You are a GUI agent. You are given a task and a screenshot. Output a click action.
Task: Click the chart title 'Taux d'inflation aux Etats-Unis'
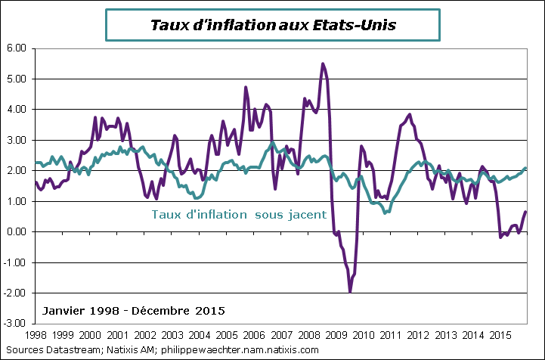click(x=273, y=25)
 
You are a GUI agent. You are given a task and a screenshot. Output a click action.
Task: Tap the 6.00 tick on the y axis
click(x=17, y=48)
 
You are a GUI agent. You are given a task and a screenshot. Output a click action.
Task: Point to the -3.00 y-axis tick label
click(x=16, y=324)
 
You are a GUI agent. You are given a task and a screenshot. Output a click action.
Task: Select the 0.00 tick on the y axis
click(x=17, y=231)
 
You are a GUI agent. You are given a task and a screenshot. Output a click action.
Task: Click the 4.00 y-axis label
click(x=17, y=109)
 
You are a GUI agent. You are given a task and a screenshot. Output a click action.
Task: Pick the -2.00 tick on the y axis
click(x=16, y=293)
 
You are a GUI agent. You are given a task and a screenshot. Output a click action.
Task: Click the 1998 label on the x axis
click(x=36, y=334)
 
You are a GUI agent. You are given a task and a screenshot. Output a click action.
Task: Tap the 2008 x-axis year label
click(x=308, y=334)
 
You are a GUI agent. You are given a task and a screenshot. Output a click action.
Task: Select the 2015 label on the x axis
click(x=498, y=334)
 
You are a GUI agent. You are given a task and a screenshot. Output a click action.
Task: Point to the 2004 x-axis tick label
click(x=199, y=334)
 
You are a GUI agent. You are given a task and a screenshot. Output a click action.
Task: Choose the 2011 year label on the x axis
click(x=389, y=334)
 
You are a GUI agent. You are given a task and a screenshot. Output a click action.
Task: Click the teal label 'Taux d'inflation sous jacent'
click(x=239, y=214)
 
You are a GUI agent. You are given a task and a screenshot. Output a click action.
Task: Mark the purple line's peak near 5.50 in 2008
click(x=324, y=64)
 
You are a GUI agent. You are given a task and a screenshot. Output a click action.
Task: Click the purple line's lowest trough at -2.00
click(x=350, y=290)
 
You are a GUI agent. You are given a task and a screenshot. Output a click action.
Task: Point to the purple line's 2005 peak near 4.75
click(x=246, y=88)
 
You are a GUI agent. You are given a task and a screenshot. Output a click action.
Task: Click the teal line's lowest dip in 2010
click(x=386, y=213)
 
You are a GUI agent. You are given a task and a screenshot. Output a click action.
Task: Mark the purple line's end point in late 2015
click(x=525, y=212)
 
